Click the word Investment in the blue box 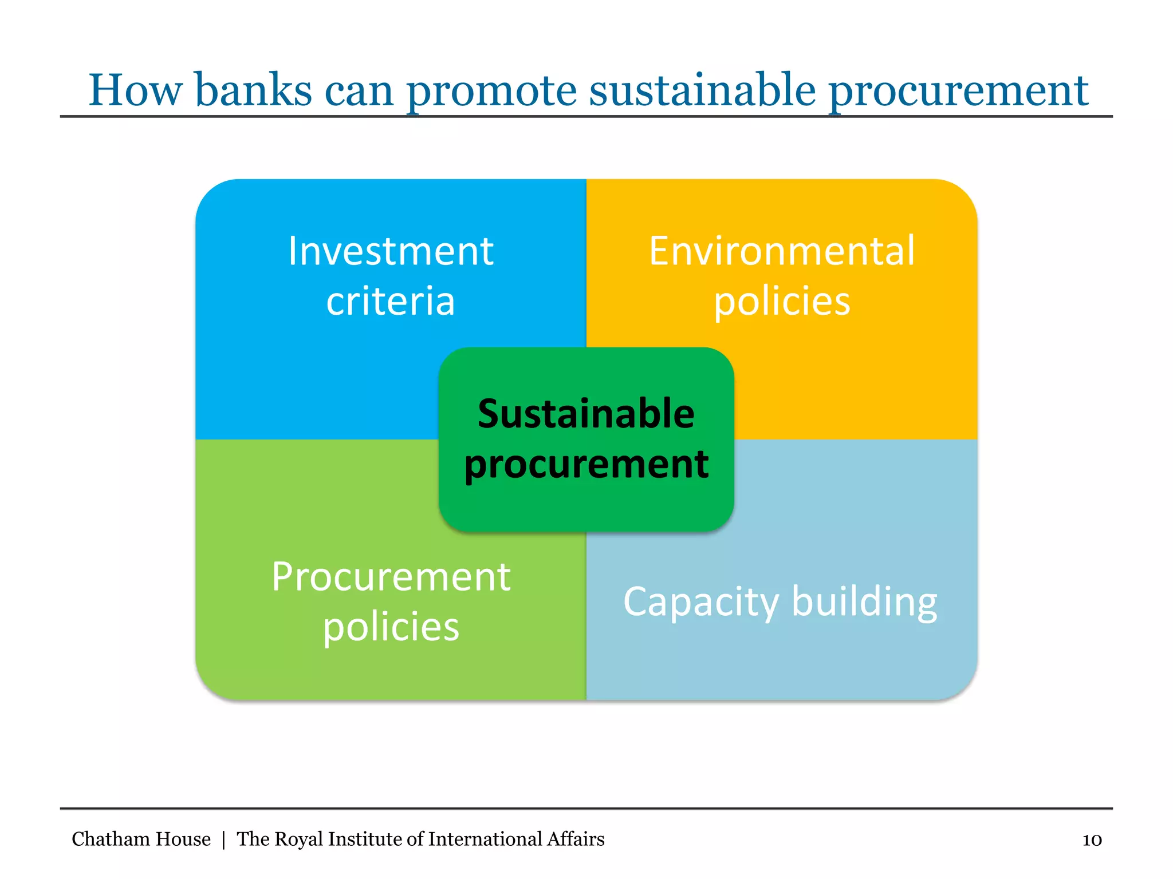pos(391,251)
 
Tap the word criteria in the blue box pos(391,302)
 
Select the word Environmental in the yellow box pos(782,251)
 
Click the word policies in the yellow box pos(782,302)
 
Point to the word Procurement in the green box pos(391,577)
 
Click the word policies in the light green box pos(391,627)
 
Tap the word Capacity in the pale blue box pos(701,602)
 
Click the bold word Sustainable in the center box pos(586,414)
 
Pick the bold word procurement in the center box pos(586,464)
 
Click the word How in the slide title pos(136,90)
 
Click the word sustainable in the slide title pos(702,90)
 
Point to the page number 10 pos(1092,840)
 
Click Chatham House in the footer pos(141,839)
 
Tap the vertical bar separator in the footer pos(223,840)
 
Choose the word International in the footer pos(485,839)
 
